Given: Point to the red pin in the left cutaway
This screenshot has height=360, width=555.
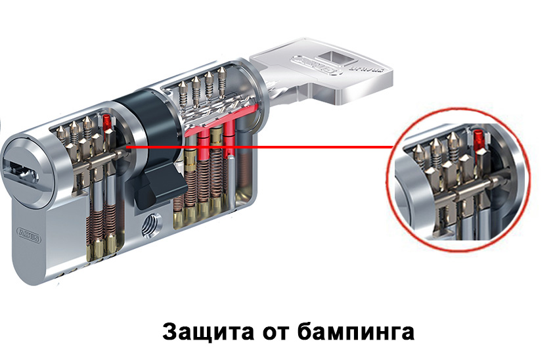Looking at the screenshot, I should coord(107,121).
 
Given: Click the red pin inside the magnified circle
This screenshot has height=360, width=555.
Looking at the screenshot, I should coord(477,139).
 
